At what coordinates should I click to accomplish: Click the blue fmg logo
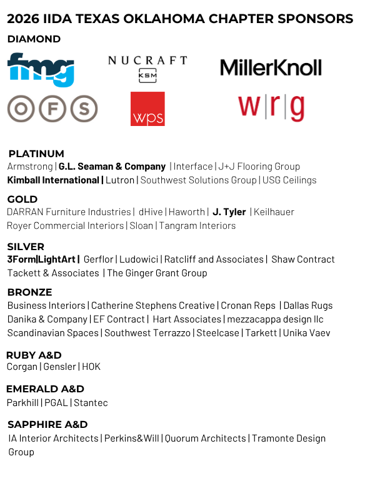(41, 69)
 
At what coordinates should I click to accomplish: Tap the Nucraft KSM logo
(147, 68)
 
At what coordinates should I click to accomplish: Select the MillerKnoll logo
(271, 67)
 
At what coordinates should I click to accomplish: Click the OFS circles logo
(52, 109)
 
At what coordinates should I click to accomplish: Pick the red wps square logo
(147, 109)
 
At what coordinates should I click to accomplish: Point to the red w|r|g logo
(271, 107)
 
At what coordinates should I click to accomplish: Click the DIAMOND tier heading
(34, 39)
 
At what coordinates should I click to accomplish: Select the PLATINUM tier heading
(36, 153)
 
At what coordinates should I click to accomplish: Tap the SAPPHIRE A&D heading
(47, 424)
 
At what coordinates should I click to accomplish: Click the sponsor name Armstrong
(30, 167)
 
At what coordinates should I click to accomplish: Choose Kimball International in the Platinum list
(53, 180)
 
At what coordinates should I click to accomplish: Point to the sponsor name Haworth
(186, 212)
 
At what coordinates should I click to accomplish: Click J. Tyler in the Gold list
(229, 212)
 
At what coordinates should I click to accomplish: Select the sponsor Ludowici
(139, 259)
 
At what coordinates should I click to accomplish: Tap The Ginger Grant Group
(157, 273)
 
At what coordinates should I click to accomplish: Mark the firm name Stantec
(91, 403)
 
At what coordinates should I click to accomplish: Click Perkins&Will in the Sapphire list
(131, 438)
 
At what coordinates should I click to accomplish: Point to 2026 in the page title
(23, 19)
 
